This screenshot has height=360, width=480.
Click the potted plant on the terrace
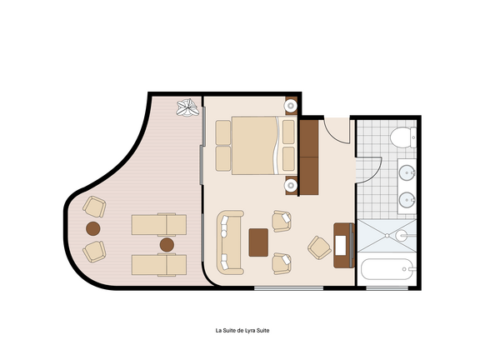tap(187, 107)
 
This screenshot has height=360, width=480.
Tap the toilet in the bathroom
tap(402, 137)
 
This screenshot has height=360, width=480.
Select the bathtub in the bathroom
tap(388, 269)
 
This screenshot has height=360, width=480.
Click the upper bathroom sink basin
tap(407, 172)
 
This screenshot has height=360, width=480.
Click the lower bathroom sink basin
tap(407, 200)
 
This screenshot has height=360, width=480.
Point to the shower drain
tap(387, 235)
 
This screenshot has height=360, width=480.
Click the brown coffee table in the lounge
tap(258, 242)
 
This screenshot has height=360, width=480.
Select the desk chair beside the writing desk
tap(319, 247)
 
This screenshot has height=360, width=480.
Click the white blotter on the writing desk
tap(340, 245)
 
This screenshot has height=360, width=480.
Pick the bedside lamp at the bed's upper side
tap(290, 106)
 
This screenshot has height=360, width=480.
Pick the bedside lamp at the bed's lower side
tap(290, 186)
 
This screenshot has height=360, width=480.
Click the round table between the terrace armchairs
tap(92, 228)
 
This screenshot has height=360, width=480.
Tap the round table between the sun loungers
tap(167, 245)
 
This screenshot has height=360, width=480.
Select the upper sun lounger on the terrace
tap(159, 225)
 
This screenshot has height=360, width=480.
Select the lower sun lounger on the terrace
tap(159, 265)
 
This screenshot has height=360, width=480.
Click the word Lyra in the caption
tap(250, 331)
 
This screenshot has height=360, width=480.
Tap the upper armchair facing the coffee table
tap(282, 221)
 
